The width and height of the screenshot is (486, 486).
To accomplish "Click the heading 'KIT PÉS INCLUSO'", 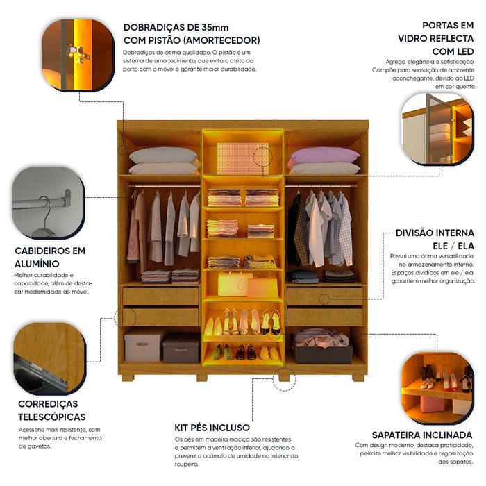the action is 212,428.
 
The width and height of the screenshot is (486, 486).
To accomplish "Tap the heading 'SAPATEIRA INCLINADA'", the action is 422,435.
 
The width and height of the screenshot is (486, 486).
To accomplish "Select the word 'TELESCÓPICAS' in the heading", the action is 52,417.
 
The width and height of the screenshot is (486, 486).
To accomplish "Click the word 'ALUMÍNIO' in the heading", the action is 37,264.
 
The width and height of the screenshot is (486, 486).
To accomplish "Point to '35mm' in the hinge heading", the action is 215,27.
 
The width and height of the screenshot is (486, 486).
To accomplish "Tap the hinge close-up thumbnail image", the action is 78,55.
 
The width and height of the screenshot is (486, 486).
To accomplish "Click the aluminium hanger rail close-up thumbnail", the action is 49,203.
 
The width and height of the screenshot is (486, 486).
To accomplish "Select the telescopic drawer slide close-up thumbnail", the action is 49,359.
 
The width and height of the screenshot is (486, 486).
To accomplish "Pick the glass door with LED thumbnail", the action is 437,129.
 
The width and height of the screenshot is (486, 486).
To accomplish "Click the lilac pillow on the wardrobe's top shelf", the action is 325,155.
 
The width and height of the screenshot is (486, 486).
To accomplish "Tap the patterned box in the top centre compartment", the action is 242,158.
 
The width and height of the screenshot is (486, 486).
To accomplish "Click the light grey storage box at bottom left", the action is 144,345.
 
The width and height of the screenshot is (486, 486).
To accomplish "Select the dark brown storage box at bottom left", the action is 181,348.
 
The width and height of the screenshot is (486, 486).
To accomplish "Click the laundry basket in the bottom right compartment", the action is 323,347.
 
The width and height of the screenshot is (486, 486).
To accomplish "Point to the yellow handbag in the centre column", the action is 231,284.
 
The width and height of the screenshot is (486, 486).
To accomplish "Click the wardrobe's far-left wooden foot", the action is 128,378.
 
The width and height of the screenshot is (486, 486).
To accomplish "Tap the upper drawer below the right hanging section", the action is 325,296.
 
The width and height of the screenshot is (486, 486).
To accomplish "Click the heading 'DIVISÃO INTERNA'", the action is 435,233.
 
